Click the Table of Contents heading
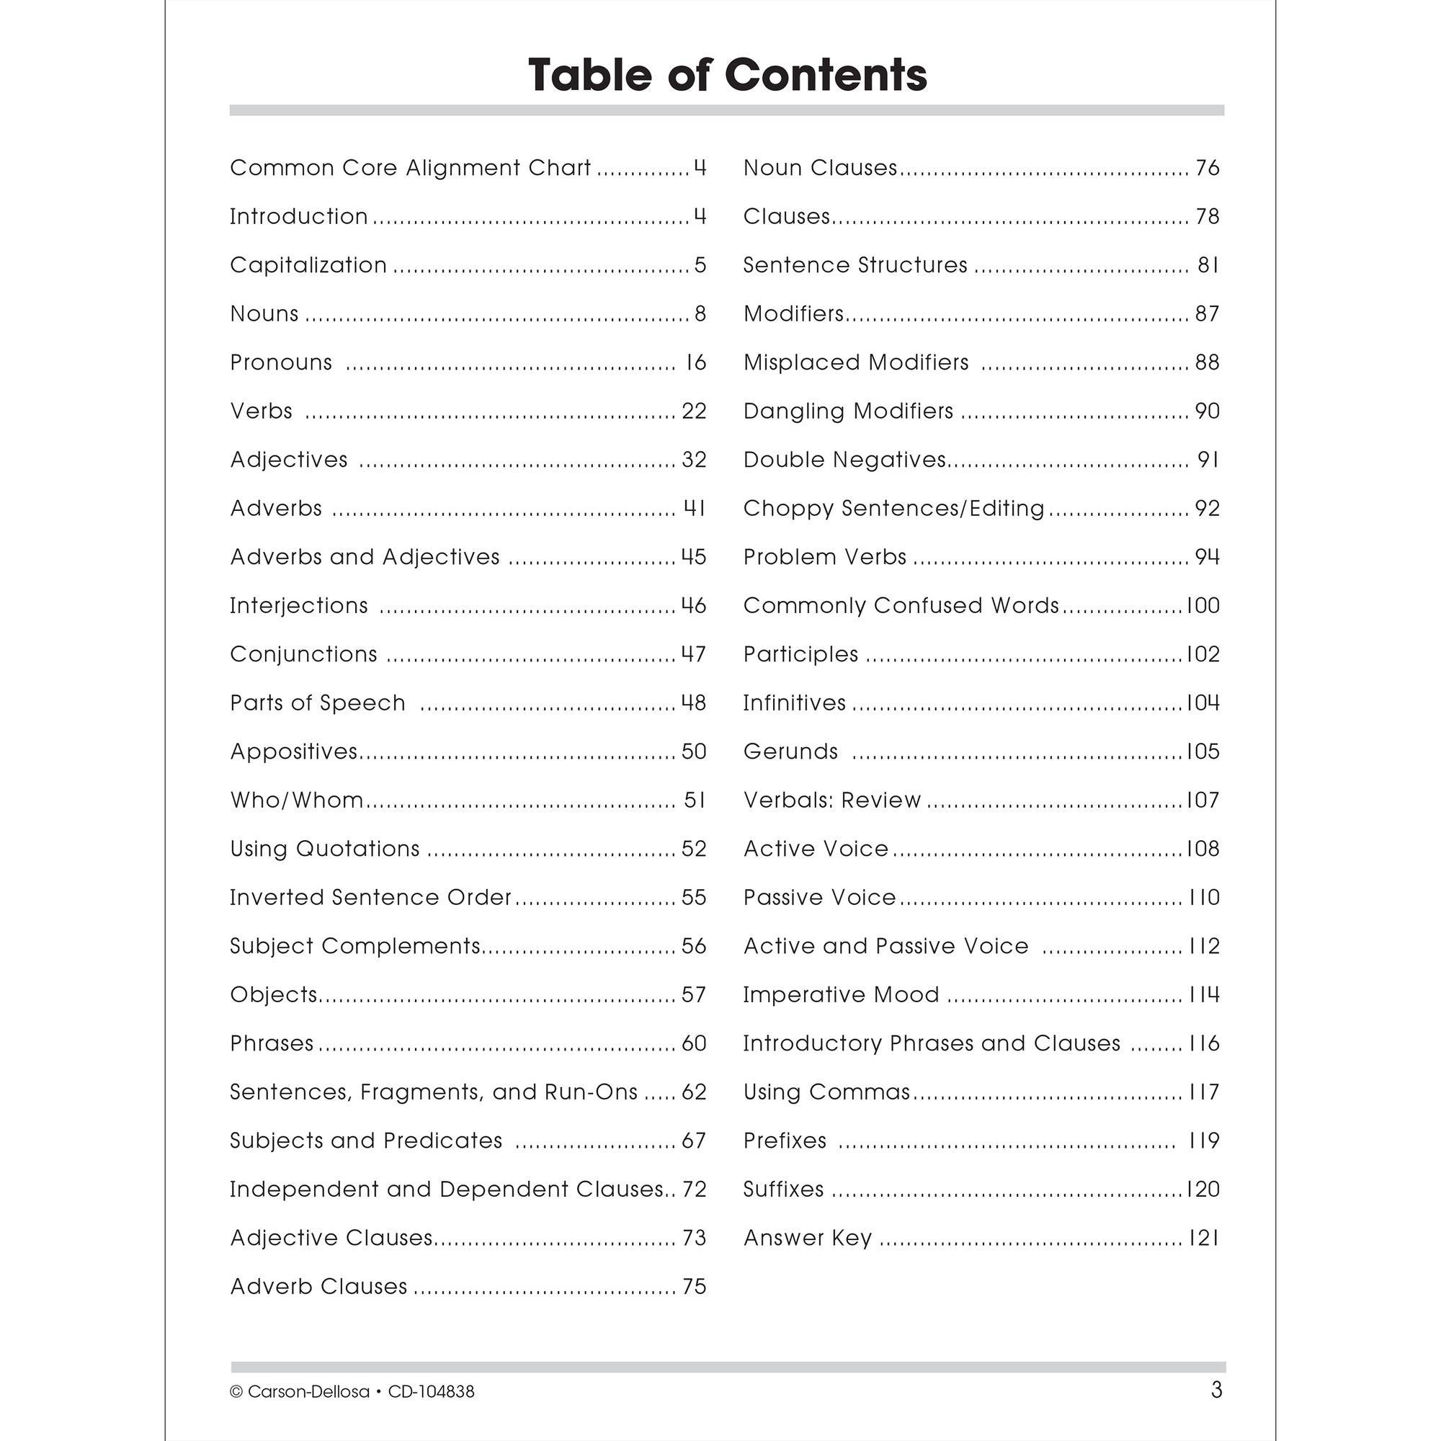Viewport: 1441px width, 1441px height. click(x=727, y=76)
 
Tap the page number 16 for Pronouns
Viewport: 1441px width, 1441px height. click(x=695, y=362)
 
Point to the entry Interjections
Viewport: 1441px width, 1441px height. click(x=298, y=606)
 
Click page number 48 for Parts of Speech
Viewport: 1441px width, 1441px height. click(x=694, y=702)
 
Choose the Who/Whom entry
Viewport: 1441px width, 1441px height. click(x=296, y=800)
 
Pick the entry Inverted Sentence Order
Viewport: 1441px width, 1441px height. click(x=370, y=897)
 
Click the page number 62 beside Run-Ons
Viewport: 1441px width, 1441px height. click(x=694, y=1092)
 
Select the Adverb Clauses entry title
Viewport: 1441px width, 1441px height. click(x=318, y=1287)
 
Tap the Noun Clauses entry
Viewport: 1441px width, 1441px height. click(x=820, y=168)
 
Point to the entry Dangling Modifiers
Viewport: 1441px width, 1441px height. click(x=848, y=411)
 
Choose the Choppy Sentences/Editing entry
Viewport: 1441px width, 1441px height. click(x=893, y=509)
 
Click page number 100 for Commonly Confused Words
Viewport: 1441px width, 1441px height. click(x=1203, y=606)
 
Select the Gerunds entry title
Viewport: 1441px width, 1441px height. click(x=790, y=751)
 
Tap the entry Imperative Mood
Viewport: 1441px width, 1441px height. click(x=841, y=995)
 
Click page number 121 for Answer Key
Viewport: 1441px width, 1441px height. click(x=1203, y=1238)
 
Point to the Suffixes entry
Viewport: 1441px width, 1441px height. click(x=783, y=1190)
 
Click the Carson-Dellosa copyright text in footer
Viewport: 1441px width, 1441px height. click(x=352, y=1392)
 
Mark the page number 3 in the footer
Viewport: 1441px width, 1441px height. click(x=1216, y=1391)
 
